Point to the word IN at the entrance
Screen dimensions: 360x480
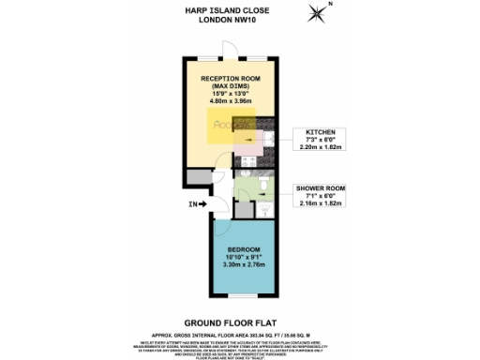[x=192, y=203]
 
